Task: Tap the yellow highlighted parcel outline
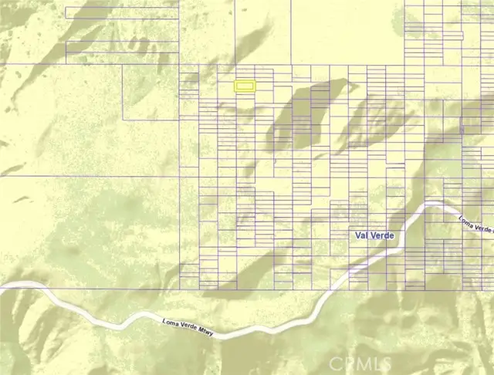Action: (x=245, y=88)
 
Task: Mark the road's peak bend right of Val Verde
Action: (x=436, y=204)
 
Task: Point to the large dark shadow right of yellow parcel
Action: (x=305, y=116)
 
